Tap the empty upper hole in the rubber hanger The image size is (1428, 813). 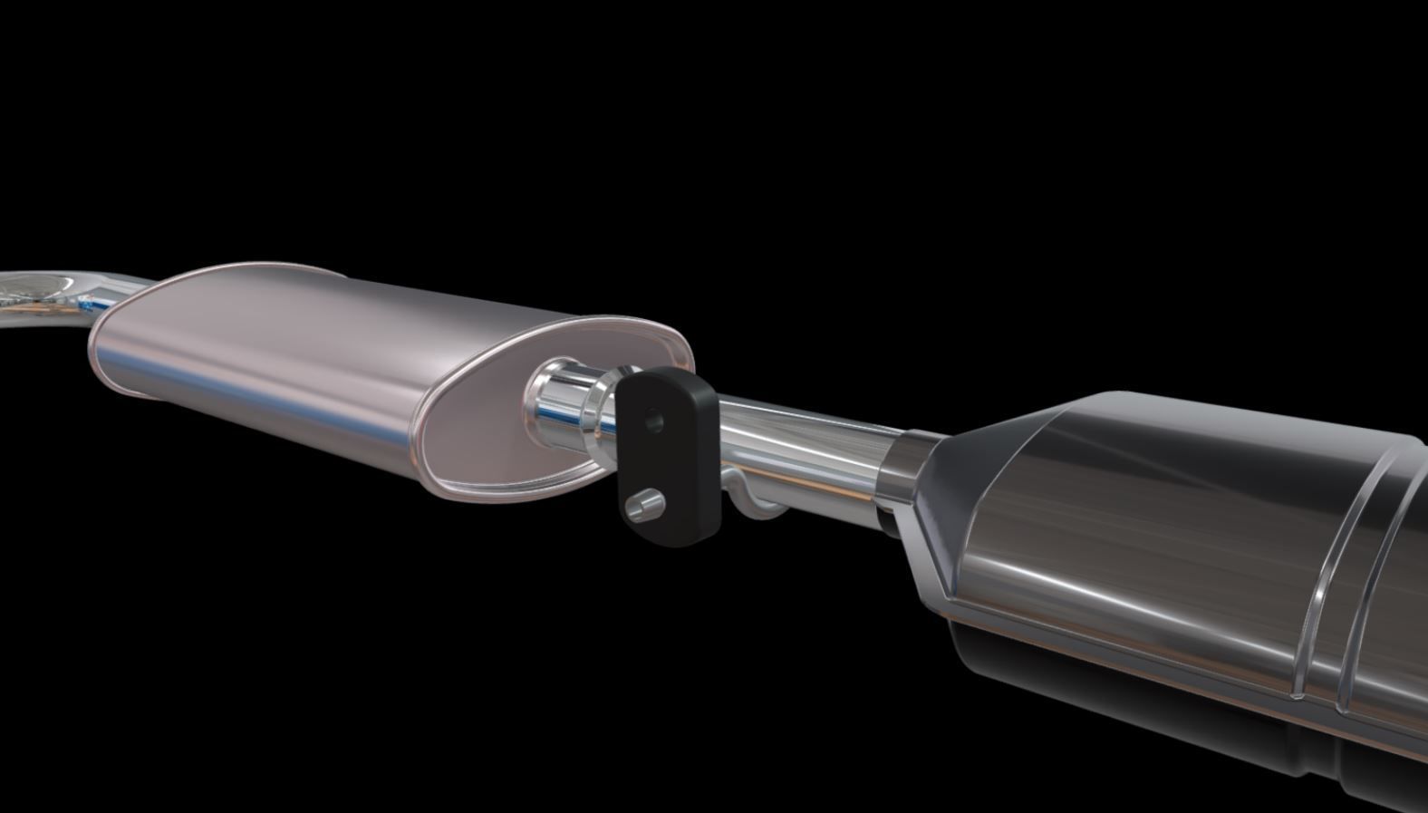[x=652, y=419]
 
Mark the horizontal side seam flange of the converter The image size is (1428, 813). [x=1133, y=625]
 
